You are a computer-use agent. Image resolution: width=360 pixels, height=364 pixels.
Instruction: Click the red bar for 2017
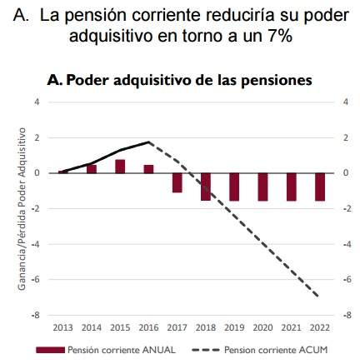177,182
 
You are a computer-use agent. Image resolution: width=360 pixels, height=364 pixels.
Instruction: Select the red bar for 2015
120,167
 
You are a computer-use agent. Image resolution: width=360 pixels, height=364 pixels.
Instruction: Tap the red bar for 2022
320,187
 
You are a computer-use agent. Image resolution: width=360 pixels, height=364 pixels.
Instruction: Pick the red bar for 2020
262,187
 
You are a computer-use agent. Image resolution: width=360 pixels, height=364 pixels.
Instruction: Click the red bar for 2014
92,169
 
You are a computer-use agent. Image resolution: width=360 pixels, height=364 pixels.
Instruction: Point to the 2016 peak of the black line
149,142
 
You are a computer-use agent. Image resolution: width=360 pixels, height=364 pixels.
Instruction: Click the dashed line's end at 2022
318,297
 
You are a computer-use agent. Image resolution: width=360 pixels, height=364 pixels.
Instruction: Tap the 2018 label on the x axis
206,327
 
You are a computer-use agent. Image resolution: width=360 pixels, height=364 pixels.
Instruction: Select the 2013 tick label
62,327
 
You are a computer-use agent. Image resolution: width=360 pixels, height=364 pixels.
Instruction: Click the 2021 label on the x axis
292,327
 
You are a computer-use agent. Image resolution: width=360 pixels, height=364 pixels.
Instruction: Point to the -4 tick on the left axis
35,244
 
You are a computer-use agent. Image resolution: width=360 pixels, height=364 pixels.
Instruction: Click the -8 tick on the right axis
347,316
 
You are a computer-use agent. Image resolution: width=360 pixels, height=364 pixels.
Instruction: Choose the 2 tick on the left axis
37,137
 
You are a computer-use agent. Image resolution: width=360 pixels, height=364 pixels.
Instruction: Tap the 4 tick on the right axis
346,102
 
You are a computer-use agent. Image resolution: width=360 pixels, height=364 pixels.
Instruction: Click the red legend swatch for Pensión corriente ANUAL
50,350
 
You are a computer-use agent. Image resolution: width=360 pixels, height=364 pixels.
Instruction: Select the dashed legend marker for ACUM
206,350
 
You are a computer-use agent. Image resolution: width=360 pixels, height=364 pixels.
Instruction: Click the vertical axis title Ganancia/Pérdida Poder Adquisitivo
22,209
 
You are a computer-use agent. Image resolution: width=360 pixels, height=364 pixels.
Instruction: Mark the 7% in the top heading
280,36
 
